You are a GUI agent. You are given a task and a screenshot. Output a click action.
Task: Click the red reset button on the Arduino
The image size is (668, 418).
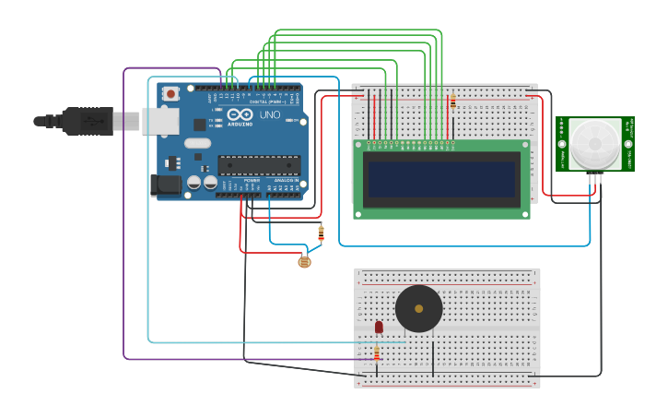coord(170,93)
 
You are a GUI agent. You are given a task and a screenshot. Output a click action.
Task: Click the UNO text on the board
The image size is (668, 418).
coord(270,115)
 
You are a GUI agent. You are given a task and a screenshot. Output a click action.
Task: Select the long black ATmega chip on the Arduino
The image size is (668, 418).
coord(259,165)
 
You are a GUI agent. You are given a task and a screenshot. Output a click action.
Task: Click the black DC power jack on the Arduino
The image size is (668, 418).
coord(166,185)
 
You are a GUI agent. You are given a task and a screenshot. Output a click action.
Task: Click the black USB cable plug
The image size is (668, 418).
coord(88,121)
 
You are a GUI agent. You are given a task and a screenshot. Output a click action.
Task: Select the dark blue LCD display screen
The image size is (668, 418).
coord(441,179)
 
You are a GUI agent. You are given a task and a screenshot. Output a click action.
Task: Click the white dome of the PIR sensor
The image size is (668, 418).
coord(594,143)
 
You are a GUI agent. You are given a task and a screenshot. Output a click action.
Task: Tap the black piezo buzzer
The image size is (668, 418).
coord(419,308)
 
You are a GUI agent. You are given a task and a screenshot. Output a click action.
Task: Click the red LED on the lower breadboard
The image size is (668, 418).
coord(379,327)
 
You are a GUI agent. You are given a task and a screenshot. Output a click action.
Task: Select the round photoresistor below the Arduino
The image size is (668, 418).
coord(304,262)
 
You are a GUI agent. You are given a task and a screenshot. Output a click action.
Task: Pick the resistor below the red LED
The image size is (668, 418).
coord(377,353)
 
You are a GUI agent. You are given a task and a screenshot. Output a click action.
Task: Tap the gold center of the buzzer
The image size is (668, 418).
coord(419,308)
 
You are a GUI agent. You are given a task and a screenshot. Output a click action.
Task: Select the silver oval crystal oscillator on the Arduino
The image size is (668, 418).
coord(197,143)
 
